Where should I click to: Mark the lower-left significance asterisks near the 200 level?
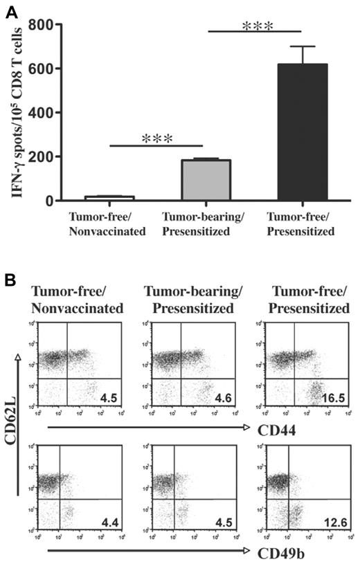tap(156, 138)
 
